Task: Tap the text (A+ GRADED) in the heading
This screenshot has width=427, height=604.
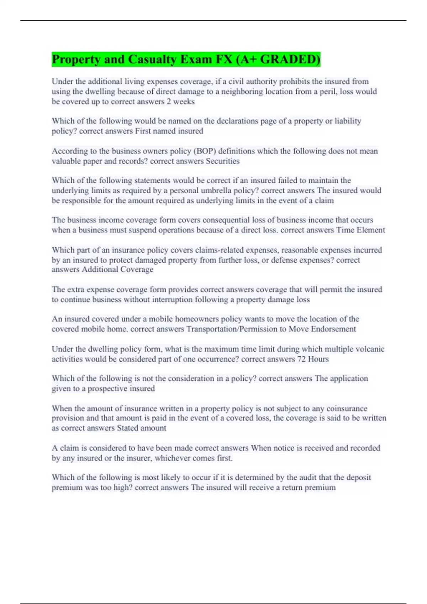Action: (278, 59)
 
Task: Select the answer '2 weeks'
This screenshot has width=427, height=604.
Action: (181, 102)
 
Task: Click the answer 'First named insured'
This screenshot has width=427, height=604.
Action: (169, 131)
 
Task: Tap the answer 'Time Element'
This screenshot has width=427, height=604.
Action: (360, 230)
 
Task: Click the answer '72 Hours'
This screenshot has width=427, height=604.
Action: (313, 359)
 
